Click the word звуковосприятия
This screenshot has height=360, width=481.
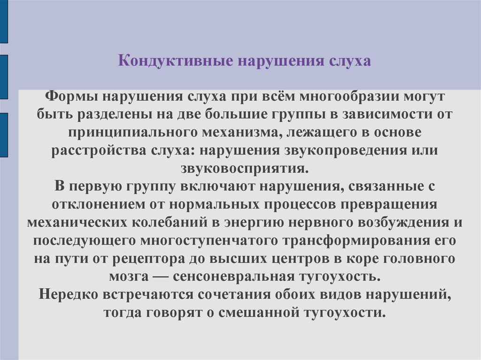coord(244,169)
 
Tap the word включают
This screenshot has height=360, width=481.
coord(217,187)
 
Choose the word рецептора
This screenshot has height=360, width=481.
coord(148,259)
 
